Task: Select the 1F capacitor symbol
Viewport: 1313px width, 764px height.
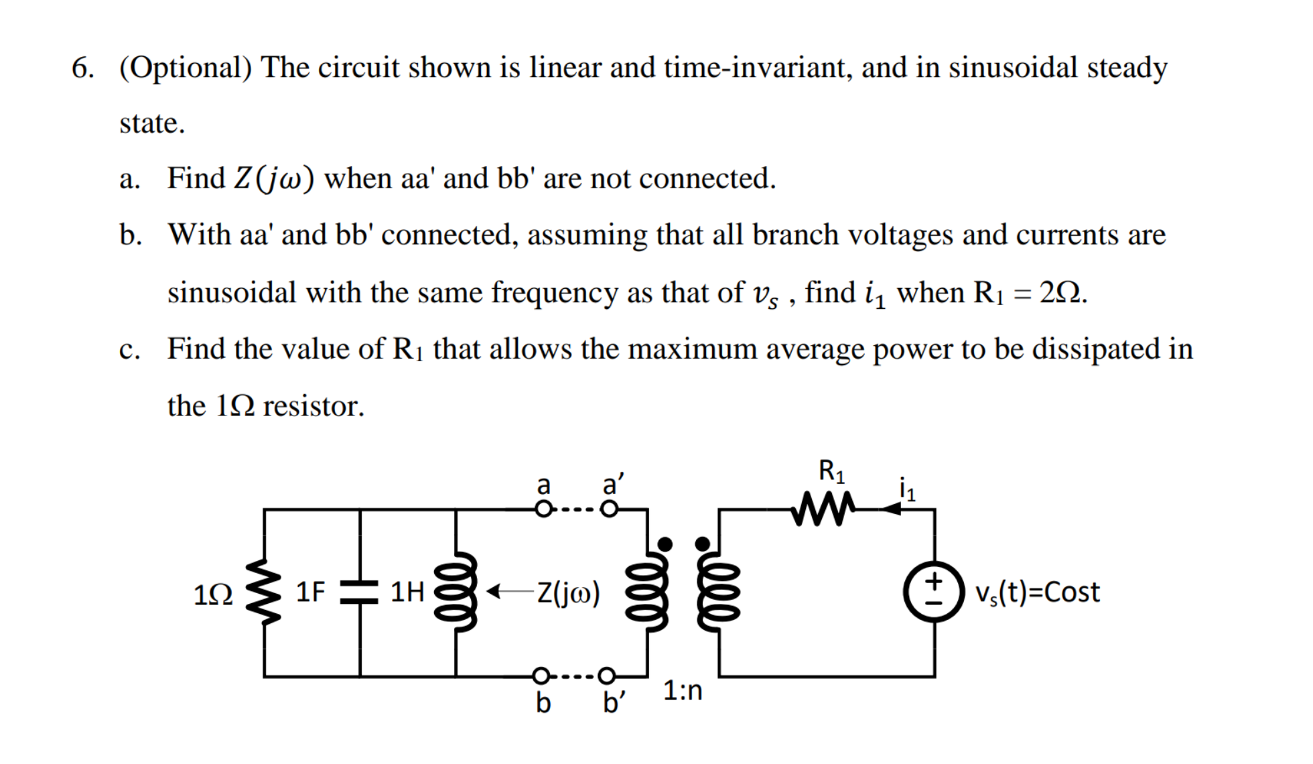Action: [x=360, y=592]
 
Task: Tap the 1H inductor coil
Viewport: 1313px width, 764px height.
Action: [x=456, y=592]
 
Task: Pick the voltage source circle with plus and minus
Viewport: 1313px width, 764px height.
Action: [x=935, y=592]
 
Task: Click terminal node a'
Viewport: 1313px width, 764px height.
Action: [x=608, y=510]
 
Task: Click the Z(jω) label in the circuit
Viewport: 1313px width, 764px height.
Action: [x=568, y=592]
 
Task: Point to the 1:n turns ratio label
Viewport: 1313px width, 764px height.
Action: [x=683, y=690]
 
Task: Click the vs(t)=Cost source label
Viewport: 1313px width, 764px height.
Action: [x=1037, y=592]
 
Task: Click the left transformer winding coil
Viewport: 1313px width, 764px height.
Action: [x=647, y=592]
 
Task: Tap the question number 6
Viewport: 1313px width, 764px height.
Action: [x=82, y=68]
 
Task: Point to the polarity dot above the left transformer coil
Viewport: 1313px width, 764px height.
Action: [x=665, y=544]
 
